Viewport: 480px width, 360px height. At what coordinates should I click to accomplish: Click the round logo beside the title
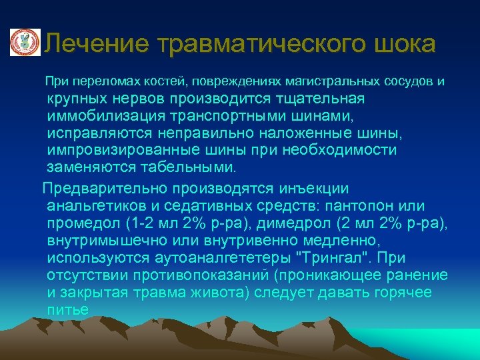(25, 43)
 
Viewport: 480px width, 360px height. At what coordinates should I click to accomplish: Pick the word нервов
(143, 99)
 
